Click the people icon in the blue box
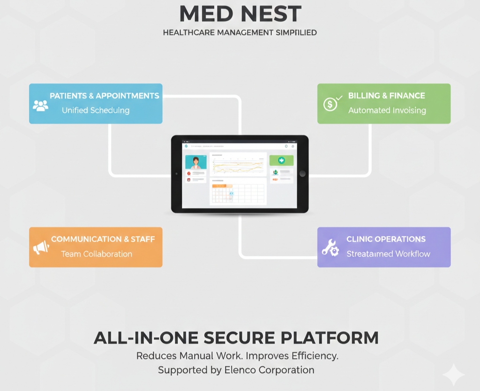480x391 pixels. (41, 105)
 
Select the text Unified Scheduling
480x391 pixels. (96, 111)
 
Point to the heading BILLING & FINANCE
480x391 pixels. (386, 96)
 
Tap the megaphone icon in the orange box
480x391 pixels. (41, 247)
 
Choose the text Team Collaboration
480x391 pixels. (97, 254)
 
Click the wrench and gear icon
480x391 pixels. (330, 247)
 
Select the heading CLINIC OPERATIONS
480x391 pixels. (386, 239)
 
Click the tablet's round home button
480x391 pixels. (302, 174)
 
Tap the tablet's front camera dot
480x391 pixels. (176, 174)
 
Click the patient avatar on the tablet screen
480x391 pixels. (196, 162)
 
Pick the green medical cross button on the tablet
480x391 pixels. (281, 161)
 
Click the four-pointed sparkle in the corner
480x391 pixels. (453, 375)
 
